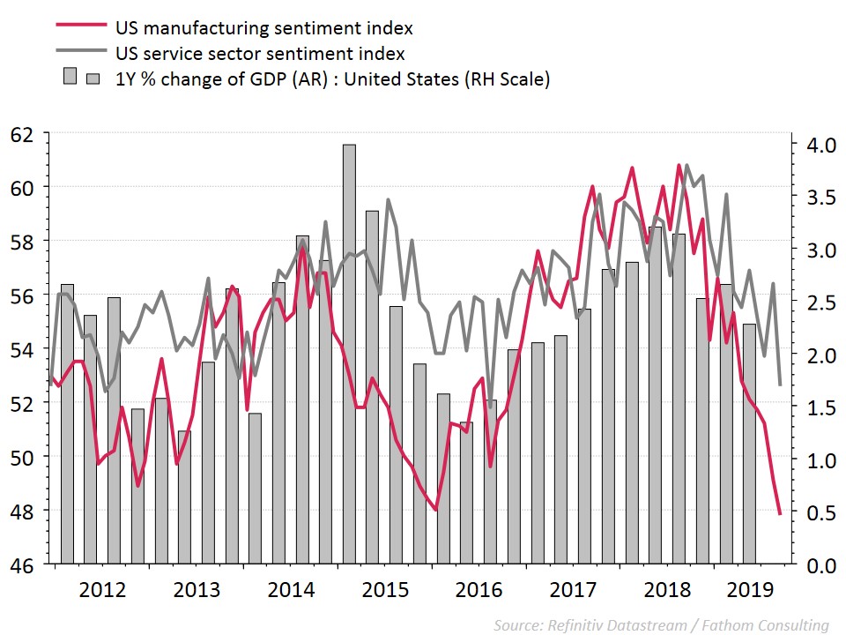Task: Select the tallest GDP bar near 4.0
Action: (x=350, y=353)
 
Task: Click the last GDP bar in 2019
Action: (x=750, y=441)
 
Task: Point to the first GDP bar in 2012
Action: (x=67, y=423)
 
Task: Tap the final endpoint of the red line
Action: (x=780, y=513)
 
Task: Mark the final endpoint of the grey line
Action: (x=780, y=385)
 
